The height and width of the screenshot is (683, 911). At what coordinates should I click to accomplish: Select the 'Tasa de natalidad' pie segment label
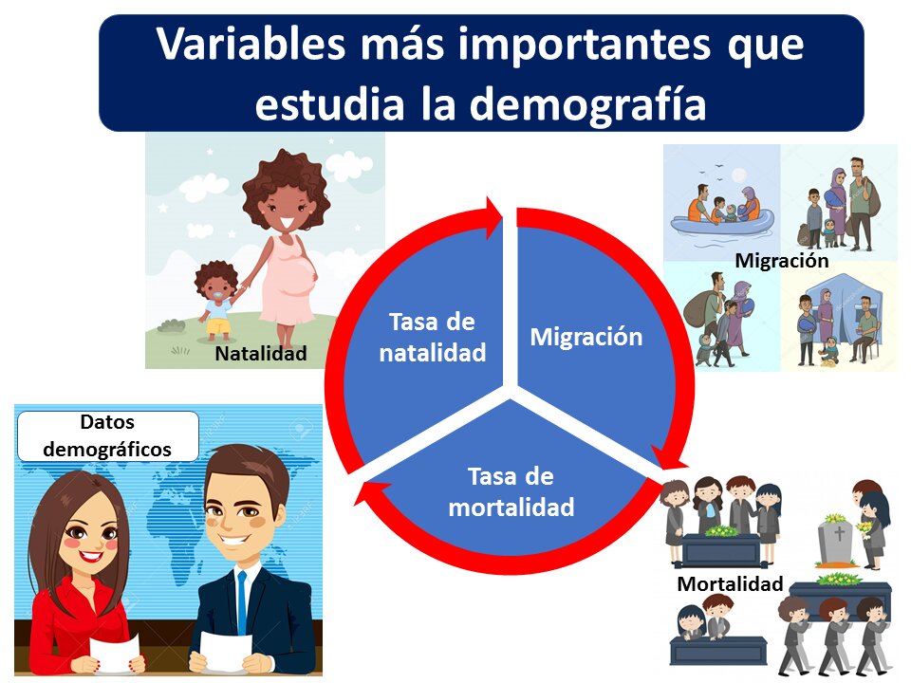tap(433, 337)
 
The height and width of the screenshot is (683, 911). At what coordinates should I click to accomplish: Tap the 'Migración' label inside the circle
tap(586, 337)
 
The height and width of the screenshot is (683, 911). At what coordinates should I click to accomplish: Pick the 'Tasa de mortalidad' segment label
tap(511, 491)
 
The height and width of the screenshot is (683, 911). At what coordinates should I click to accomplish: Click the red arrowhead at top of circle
tap(493, 219)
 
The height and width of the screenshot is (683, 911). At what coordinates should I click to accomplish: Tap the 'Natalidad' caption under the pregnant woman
tap(261, 354)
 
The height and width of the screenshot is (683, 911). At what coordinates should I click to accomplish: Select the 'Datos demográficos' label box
tap(107, 435)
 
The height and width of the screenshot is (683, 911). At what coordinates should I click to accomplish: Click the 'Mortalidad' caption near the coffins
tap(730, 583)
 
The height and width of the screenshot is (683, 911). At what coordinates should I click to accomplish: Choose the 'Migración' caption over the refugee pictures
tap(781, 260)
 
